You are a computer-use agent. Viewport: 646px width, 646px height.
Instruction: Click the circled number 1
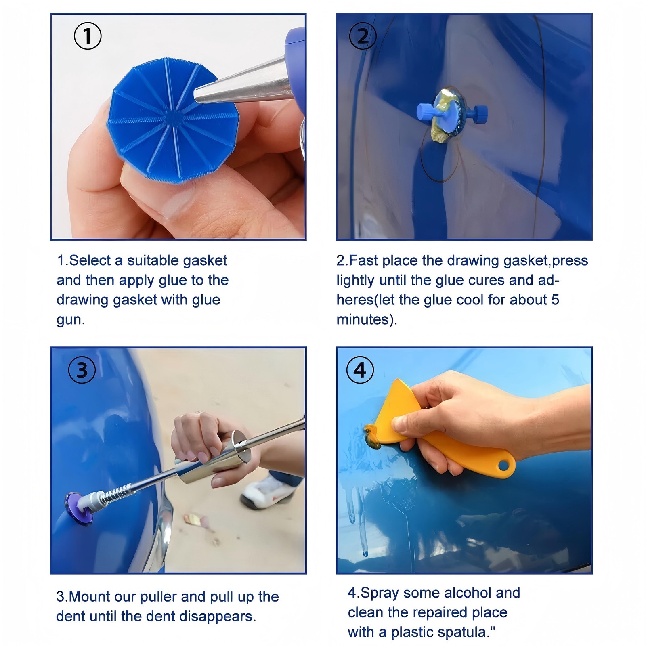pos(88,36)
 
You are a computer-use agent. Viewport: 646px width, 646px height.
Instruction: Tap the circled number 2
pos(362,36)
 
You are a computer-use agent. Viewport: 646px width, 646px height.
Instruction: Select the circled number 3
pos(82,370)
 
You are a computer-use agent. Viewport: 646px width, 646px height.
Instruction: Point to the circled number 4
pos(360,370)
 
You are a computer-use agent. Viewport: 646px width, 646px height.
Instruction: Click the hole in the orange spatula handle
pos(503,466)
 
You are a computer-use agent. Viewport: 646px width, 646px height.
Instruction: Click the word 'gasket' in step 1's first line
pos(206,261)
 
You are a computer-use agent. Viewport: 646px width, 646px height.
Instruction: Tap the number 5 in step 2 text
pos(555,300)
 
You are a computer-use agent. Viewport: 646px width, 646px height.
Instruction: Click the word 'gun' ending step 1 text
pos(69,320)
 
